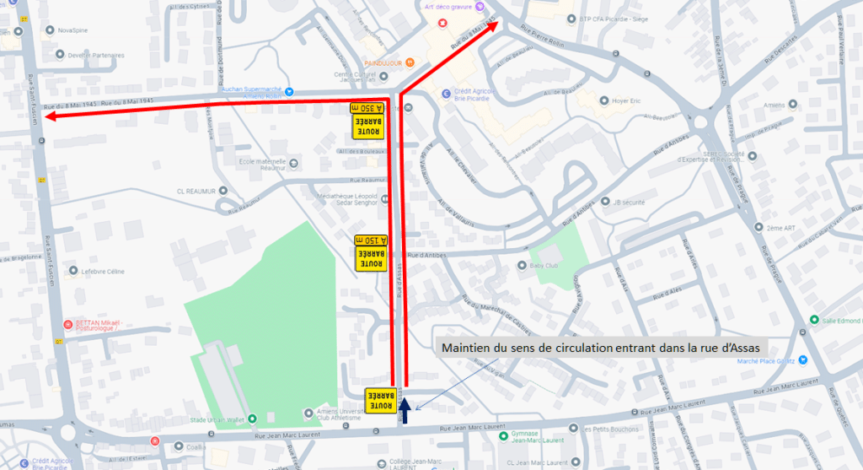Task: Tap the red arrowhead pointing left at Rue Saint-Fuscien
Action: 53,116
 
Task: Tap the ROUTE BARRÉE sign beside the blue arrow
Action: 380,400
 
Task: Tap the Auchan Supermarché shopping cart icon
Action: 289,90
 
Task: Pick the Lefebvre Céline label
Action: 102,272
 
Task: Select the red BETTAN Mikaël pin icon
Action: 67,325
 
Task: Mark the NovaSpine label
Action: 73,30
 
